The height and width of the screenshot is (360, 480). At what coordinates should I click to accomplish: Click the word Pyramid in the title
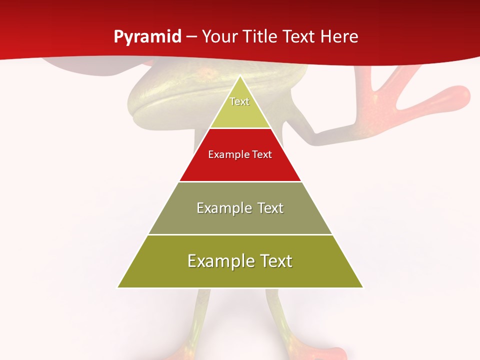coord(147,37)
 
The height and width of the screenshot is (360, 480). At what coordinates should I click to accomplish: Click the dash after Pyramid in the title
coord(191,37)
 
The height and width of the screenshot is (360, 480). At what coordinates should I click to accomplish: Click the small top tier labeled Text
coord(239,101)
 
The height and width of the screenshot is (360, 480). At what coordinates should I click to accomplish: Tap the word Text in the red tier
coord(262,154)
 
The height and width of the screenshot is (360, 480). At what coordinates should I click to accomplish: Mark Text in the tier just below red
coord(271,208)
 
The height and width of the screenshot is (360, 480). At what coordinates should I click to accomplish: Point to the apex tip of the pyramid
coord(240,76)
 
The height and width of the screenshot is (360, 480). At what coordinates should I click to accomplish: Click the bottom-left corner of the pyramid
coord(118,287)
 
